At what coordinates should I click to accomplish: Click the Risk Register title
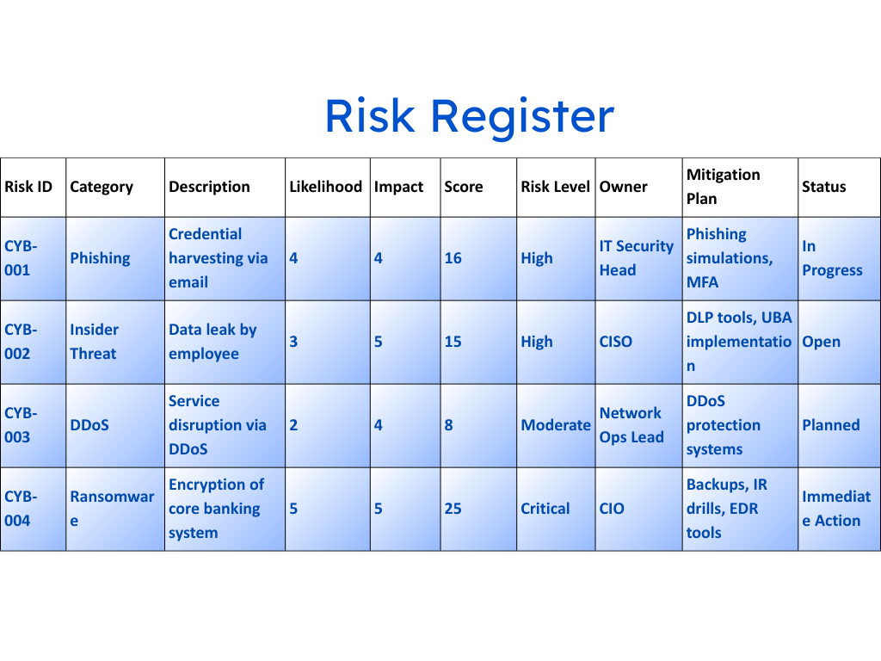click(x=470, y=116)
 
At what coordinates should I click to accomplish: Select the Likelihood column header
click(x=326, y=187)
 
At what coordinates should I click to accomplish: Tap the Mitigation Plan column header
click(x=723, y=187)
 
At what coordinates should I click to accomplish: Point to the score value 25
click(x=453, y=509)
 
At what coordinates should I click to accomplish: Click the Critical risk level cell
click(x=545, y=509)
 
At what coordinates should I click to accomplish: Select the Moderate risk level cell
click(x=556, y=425)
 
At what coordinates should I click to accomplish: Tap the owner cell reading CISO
click(x=616, y=342)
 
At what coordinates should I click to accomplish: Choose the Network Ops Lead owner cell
click(x=631, y=425)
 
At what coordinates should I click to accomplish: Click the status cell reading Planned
click(x=831, y=425)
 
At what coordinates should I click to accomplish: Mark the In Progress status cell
click(x=832, y=258)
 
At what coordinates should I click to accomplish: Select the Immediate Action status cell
click(x=836, y=509)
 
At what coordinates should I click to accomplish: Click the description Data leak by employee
click(x=213, y=342)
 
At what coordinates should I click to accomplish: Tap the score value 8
click(x=448, y=425)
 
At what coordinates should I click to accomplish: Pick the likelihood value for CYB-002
click(x=293, y=342)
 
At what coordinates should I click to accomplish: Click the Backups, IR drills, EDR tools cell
click(x=726, y=509)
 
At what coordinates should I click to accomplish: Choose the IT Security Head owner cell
click(x=636, y=258)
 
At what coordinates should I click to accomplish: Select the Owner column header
click(x=623, y=187)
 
